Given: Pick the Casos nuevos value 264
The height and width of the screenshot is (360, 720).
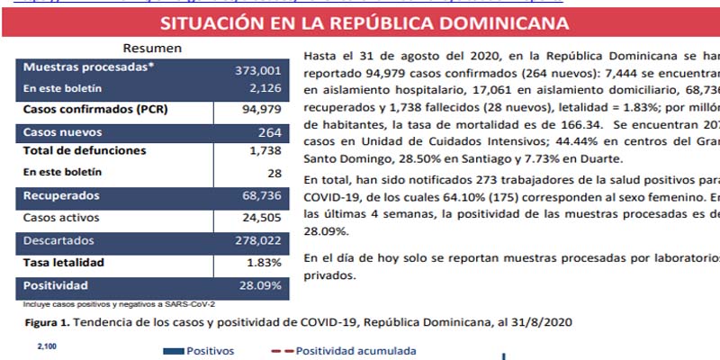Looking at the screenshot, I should pos(269,132).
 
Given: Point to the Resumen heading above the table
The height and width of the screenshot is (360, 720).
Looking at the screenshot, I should pos(153,49).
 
